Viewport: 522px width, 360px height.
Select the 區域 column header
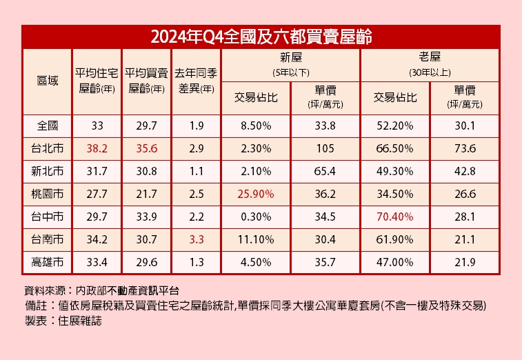click(47, 81)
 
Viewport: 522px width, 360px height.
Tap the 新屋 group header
click(291, 58)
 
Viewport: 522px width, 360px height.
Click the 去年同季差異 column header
click(197, 81)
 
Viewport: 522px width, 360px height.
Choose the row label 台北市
click(47, 148)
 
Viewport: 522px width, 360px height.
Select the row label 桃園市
click(47, 194)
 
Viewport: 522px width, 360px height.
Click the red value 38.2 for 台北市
click(97, 148)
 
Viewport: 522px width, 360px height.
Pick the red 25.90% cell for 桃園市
click(257, 194)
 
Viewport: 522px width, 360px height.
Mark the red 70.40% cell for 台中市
click(395, 217)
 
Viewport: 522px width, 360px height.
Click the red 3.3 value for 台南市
click(197, 239)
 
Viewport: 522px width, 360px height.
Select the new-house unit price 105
click(325, 148)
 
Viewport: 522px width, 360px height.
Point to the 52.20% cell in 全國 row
click(395, 126)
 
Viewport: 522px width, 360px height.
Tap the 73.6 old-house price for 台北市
click(465, 148)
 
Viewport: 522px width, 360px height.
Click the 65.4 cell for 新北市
click(325, 171)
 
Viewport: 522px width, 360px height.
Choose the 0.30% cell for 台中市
click(257, 217)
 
